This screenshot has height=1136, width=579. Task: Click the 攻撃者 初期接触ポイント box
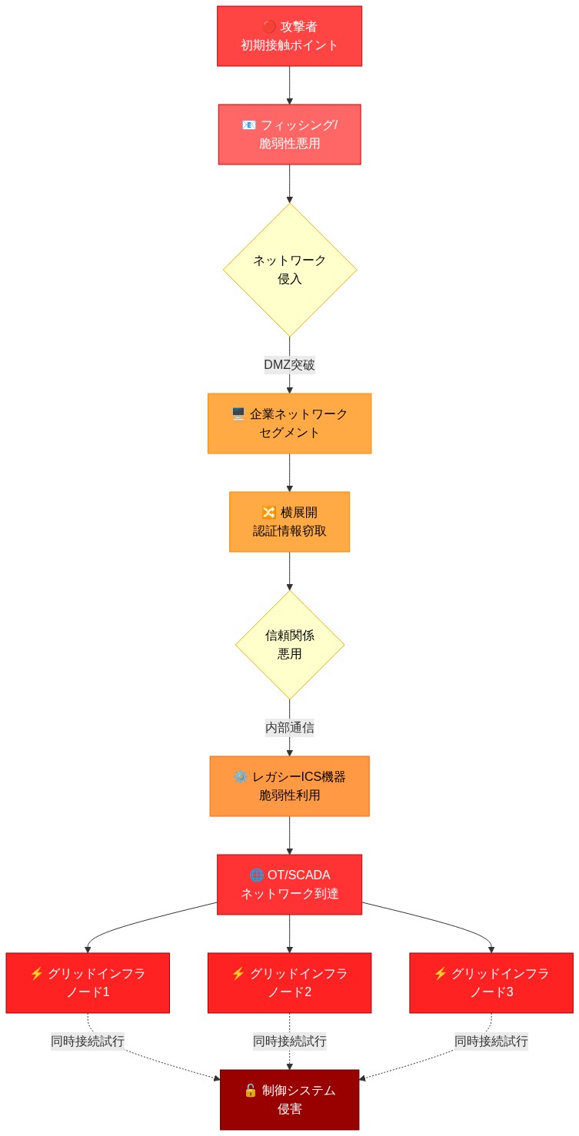tap(289, 36)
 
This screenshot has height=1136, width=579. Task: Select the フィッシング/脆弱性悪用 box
tap(289, 135)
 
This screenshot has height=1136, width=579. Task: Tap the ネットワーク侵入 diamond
tap(289, 269)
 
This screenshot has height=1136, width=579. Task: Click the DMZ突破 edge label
tap(289, 365)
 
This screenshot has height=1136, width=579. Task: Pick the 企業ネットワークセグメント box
tap(289, 424)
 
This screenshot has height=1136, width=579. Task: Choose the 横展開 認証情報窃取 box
tap(289, 522)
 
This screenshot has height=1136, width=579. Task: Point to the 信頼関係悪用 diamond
tap(289, 645)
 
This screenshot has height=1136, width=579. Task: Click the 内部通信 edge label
tap(289, 727)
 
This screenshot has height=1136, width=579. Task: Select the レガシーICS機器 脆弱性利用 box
tap(289, 786)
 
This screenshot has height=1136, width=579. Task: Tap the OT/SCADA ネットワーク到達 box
tap(289, 885)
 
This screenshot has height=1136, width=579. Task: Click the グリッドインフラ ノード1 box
tap(88, 983)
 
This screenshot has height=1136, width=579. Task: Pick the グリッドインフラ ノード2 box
tap(289, 983)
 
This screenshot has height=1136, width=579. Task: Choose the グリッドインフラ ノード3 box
tap(491, 983)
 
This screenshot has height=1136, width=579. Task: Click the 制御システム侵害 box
tap(289, 1100)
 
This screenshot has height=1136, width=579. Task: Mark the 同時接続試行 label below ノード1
tap(88, 1041)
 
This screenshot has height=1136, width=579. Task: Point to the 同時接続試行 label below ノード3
tap(491, 1041)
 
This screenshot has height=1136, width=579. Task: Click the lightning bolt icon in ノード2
tap(238, 974)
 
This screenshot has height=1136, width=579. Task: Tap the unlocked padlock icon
tap(250, 1091)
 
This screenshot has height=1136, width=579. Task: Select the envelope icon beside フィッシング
tap(248, 125)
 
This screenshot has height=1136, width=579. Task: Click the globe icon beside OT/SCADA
tap(257, 875)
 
